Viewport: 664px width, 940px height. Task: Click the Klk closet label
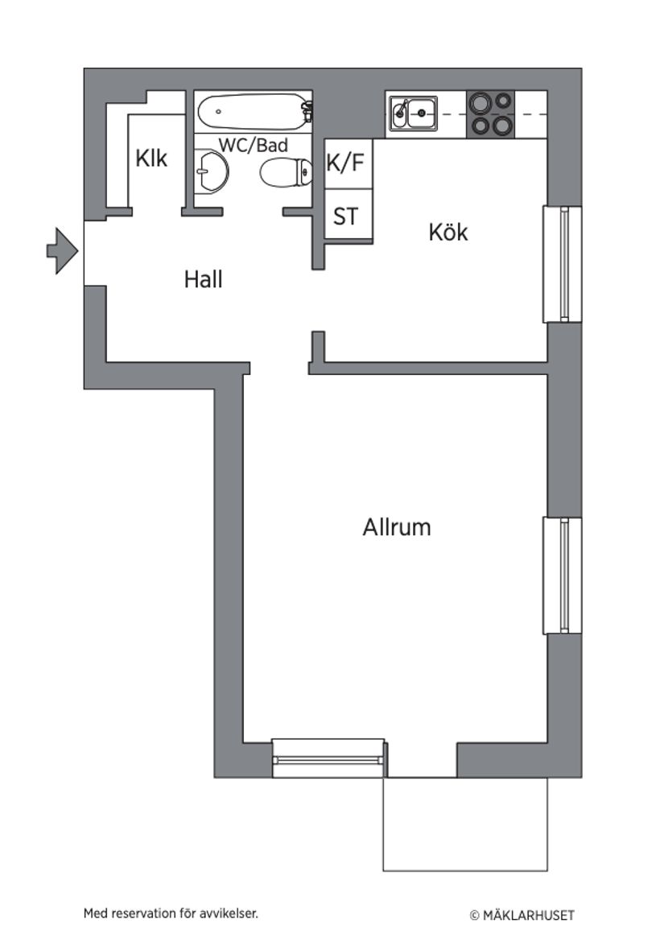[x=151, y=159]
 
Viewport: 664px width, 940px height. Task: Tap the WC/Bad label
[x=254, y=146]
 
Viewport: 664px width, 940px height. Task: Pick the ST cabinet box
[x=346, y=216]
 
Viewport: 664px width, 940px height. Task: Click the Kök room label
[x=447, y=233]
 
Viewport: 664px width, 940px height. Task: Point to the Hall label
[x=203, y=279]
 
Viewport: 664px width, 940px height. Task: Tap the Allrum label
[x=396, y=528]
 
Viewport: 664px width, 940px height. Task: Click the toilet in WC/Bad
[x=287, y=171]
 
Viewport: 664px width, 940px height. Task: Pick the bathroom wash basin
[x=211, y=171]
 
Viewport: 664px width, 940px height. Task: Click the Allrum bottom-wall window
[x=328, y=759]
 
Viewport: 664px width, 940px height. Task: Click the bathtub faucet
[x=307, y=112]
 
